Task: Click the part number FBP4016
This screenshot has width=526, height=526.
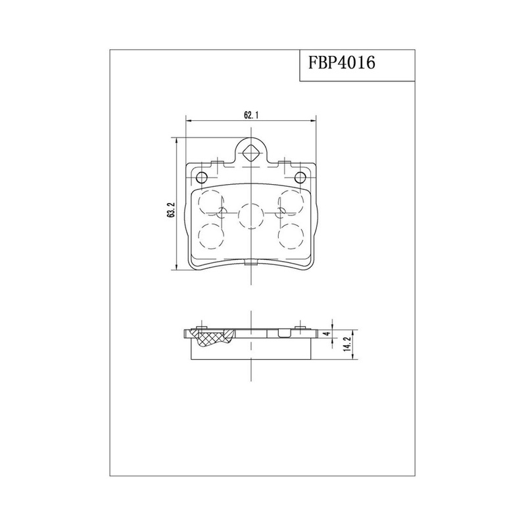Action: point(341,62)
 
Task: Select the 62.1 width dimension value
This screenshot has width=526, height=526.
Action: point(251,116)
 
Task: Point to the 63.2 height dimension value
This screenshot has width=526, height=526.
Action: point(171,210)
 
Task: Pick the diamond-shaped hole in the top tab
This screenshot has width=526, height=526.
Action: point(251,155)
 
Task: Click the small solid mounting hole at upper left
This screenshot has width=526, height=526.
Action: point(202,177)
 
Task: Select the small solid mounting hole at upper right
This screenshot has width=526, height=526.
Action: point(300,177)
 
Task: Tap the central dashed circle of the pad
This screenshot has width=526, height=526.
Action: point(251,216)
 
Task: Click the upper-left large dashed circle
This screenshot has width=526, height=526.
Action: point(211,202)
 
